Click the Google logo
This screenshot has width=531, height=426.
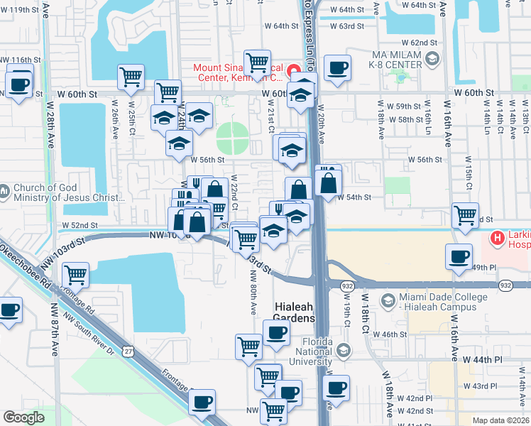pos(23,418)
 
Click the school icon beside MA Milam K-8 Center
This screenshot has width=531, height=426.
pos(432,60)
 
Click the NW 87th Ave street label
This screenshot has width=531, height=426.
pos(55,331)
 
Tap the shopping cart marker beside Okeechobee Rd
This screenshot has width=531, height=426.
pos(75,275)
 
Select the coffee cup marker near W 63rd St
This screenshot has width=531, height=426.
pos(336,68)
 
